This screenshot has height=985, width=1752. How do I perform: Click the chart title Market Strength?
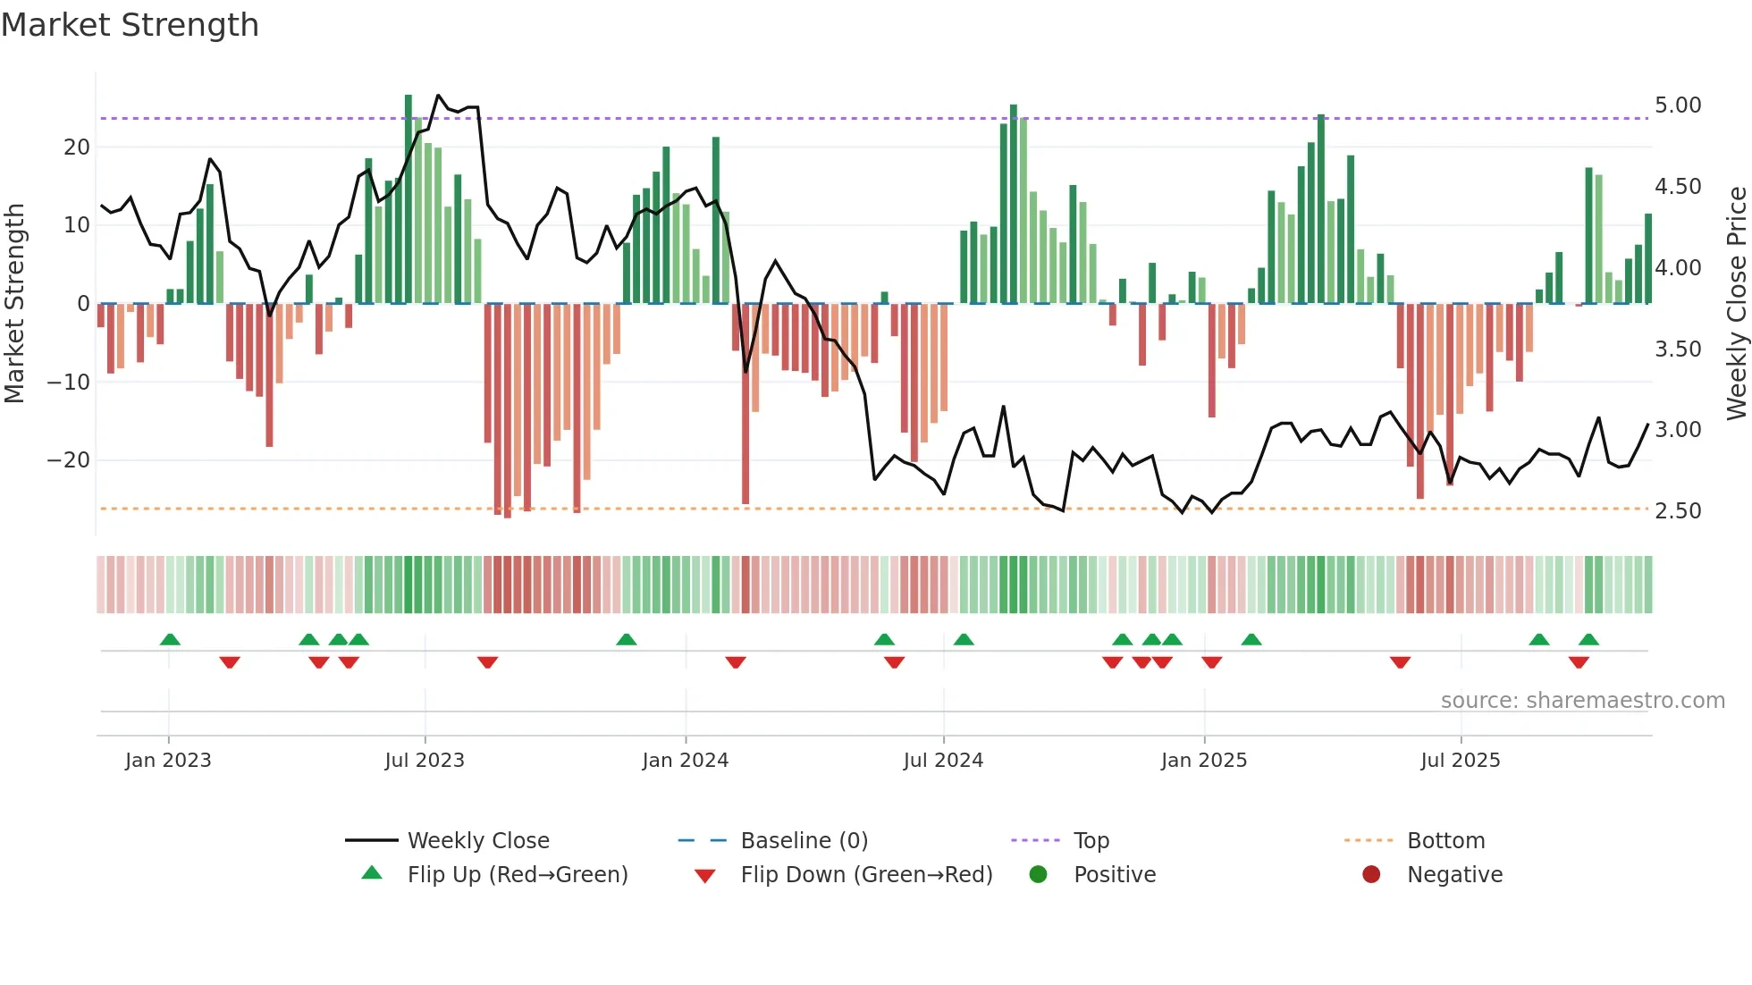coord(130,25)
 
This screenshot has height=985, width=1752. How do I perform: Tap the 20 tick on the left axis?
coord(77,147)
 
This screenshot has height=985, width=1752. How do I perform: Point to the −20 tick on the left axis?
coord(69,460)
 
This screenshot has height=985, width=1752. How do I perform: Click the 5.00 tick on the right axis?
coord(1678,105)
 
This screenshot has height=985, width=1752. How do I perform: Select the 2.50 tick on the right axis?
coord(1678,511)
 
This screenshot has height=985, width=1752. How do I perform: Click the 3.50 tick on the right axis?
coord(1678,349)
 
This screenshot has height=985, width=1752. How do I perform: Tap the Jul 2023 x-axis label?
coord(425,761)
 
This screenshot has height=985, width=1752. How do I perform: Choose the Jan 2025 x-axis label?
coord(1203,761)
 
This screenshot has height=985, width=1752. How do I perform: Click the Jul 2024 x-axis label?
coord(943,761)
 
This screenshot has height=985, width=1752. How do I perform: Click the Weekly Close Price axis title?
coord(1736,304)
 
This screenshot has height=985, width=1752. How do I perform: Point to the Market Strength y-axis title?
coord(15,304)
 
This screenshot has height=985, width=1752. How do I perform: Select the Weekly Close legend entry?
coord(478,841)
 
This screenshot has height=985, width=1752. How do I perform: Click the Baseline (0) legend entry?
coord(804,841)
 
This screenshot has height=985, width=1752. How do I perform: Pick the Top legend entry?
coord(1091,841)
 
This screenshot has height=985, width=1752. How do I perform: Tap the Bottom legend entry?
coord(1445,841)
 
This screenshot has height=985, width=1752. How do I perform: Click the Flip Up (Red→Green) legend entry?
coord(518,875)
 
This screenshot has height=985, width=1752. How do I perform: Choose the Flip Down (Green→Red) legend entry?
coord(866,875)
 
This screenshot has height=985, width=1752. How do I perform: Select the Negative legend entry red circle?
coord(1371,874)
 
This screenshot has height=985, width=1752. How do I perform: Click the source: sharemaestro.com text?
coord(1582,701)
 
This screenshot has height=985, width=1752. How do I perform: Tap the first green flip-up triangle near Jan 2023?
coord(170,639)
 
